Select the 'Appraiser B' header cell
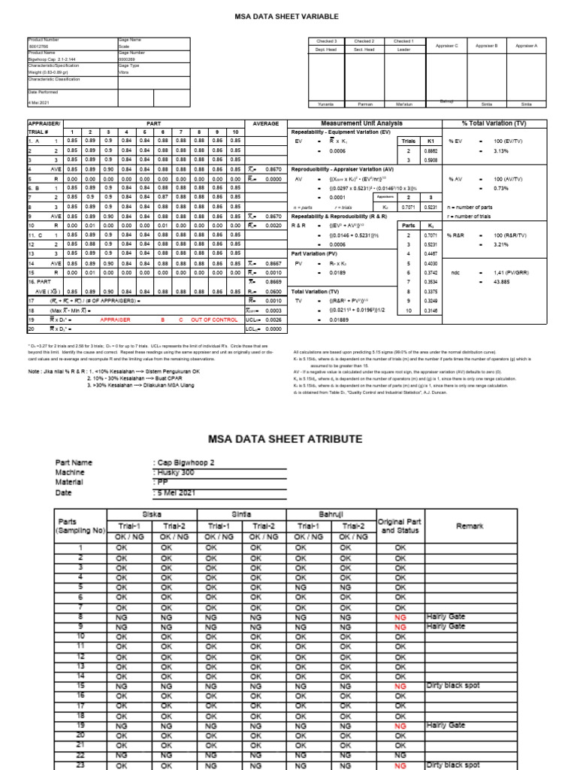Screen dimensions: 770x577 (486, 46)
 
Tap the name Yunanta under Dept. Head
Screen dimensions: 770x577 (325, 103)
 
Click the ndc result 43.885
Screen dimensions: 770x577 (501, 282)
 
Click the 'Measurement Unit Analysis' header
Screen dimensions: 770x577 (361, 123)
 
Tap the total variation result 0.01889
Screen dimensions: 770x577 (341, 318)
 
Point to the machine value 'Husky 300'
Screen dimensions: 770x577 (174, 471)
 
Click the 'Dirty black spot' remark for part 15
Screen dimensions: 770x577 (452, 686)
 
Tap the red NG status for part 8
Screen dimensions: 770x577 (401, 617)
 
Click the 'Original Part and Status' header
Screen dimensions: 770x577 (400, 526)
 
